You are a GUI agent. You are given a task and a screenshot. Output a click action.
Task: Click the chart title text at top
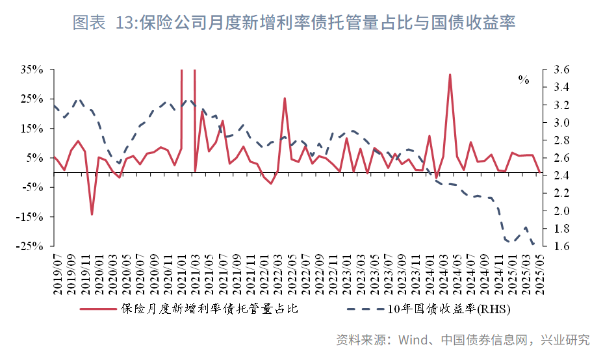294,24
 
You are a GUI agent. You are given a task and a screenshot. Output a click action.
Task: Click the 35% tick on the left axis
32,70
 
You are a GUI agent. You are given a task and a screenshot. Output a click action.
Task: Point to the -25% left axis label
31,246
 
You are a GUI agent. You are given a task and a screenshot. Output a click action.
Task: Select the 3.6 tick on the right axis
563,70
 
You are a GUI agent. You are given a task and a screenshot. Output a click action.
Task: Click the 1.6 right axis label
563,246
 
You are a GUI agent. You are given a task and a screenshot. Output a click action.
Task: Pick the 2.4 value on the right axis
563,175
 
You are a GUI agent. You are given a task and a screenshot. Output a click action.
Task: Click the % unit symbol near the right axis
523,80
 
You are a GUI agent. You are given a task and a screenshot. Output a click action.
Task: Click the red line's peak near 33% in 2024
450,75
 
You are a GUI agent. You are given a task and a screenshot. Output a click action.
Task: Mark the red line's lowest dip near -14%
92,214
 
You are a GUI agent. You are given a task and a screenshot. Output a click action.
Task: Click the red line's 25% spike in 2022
285,99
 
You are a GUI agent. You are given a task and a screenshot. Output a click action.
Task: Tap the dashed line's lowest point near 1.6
534,245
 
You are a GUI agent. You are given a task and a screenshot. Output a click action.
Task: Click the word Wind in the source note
411,340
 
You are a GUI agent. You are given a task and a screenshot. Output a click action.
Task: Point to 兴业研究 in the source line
566,340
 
